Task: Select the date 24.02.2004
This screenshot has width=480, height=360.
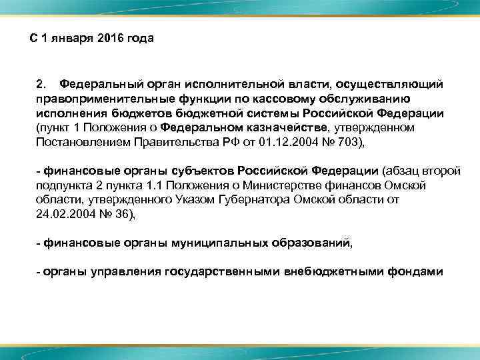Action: [x=63, y=215]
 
